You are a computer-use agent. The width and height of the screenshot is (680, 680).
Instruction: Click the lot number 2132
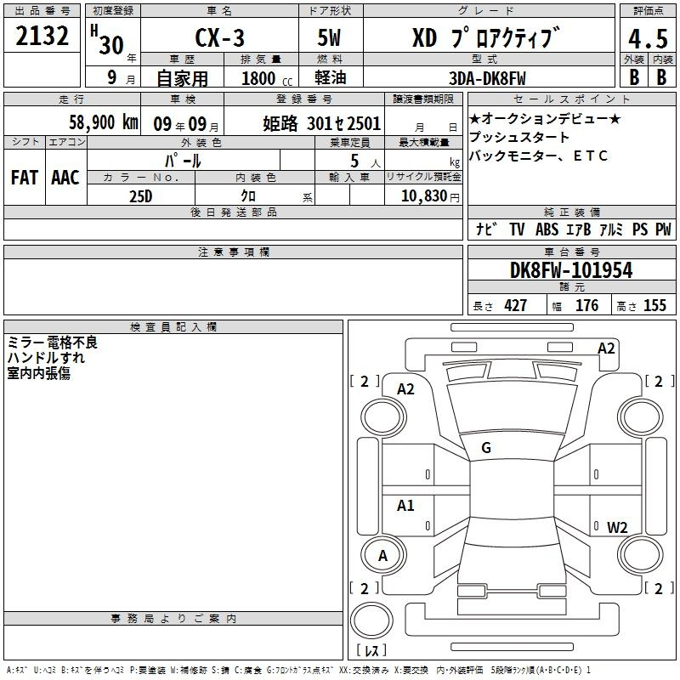point(42,36)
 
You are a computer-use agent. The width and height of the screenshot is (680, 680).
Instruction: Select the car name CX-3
point(219,37)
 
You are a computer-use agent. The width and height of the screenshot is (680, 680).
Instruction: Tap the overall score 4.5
point(648,38)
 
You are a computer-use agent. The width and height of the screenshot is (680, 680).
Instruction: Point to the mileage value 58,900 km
point(104,122)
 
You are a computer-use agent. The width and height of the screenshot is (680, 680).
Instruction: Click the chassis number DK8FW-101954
point(571,270)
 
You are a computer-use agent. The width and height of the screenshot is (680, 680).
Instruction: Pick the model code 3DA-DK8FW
point(487,78)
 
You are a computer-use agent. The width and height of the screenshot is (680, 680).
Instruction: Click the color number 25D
point(141,196)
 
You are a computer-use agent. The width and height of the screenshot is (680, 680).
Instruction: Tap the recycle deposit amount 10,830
point(424,196)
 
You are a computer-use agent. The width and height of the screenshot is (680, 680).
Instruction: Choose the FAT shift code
point(25,178)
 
